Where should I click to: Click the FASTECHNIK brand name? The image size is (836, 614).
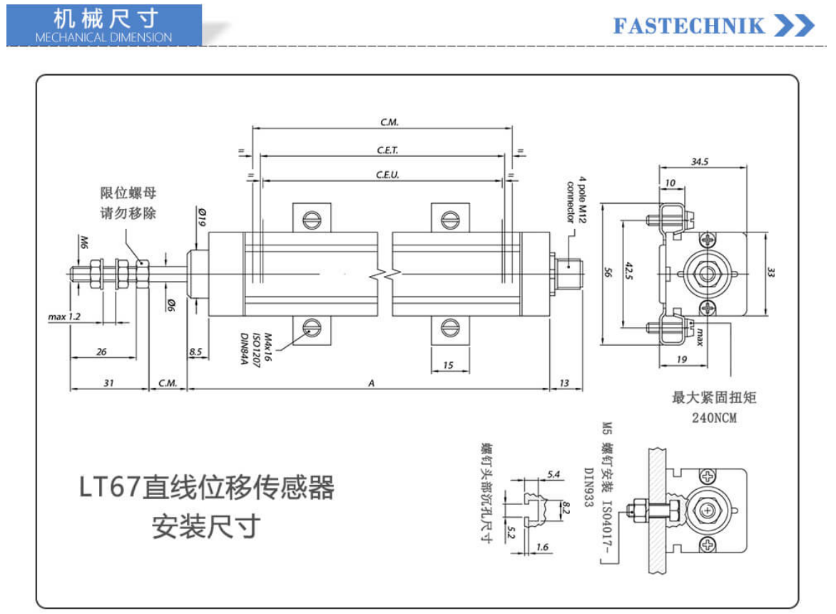[x=689, y=26]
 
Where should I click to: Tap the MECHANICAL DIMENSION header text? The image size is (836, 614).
[x=103, y=37]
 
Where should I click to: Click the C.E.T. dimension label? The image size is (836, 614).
[x=387, y=150]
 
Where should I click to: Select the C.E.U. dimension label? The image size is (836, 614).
[x=387, y=175]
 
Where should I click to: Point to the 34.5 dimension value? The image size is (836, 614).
[x=700, y=162]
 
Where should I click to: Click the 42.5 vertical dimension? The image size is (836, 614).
[x=629, y=272]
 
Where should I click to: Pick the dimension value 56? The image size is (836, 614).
[x=608, y=272]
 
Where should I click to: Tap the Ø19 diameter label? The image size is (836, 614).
[x=202, y=217]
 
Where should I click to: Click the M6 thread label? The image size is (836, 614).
[x=83, y=242]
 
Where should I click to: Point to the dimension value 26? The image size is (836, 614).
[x=101, y=352]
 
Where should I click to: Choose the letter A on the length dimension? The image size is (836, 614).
[x=371, y=384]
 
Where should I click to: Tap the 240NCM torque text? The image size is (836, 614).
[x=713, y=419]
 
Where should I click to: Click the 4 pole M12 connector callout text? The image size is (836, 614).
[x=576, y=198]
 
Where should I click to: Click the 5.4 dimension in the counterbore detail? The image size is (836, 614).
[x=554, y=474]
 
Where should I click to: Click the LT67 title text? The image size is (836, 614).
[x=206, y=489]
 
